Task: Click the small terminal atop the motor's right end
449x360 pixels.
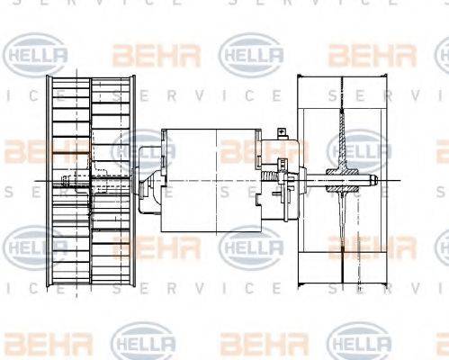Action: [280, 135]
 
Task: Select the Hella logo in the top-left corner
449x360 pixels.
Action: [36, 55]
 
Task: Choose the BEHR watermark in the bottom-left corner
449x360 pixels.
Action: [36, 343]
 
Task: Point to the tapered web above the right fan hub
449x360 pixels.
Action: [343, 135]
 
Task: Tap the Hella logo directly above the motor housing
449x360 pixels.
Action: [252, 55]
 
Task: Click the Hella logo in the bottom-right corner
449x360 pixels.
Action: [359, 343]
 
